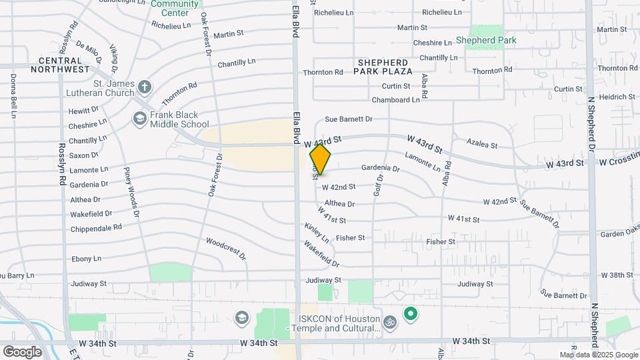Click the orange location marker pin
[320, 159]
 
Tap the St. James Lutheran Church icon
[145, 87]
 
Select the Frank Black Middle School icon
[139, 119]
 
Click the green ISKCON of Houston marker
[411, 313]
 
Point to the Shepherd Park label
[486, 40]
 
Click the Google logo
[22, 351]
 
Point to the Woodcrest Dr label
[226, 248]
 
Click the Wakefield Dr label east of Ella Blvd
[322, 254]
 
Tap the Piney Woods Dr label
[131, 192]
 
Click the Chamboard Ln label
[396, 99]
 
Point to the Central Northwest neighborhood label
[59, 65]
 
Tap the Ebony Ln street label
[86, 258]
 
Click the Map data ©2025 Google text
[598, 355]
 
